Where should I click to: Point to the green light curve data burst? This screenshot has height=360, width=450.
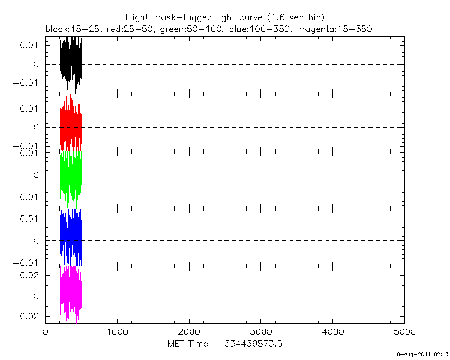70,175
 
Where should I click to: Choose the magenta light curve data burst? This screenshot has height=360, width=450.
70,294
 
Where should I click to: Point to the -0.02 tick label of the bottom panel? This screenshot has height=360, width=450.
28,316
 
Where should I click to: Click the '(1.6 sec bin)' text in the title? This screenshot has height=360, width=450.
300,17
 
